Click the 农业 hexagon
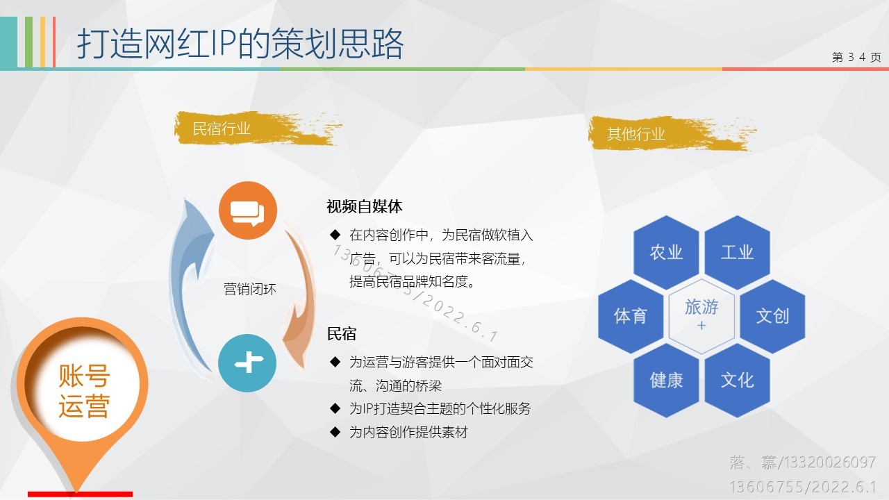(666, 252)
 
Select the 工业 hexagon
(737, 252)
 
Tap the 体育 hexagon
(631, 316)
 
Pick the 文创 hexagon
(772, 316)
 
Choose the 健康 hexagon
(666, 380)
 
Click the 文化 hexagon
(737, 380)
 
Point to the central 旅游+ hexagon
(701, 316)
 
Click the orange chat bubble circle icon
(248, 210)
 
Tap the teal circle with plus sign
(247, 362)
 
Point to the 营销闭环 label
(250, 289)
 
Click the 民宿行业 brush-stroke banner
(257, 128)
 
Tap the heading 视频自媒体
(365, 206)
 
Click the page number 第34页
(856, 57)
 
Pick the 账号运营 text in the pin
(84, 391)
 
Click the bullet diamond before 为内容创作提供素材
(335, 432)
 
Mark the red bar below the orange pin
(80, 494)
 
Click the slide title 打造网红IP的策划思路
(240, 44)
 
